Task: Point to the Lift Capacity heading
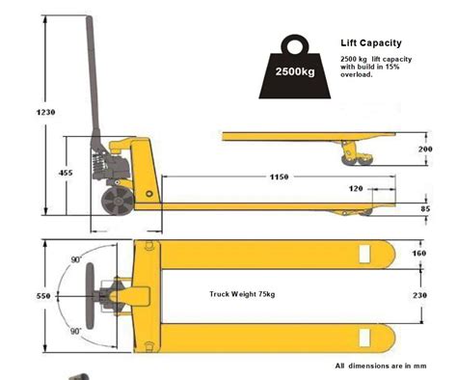(371, 43)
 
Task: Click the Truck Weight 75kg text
(242, 293)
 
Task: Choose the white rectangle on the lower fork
(364, 337)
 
